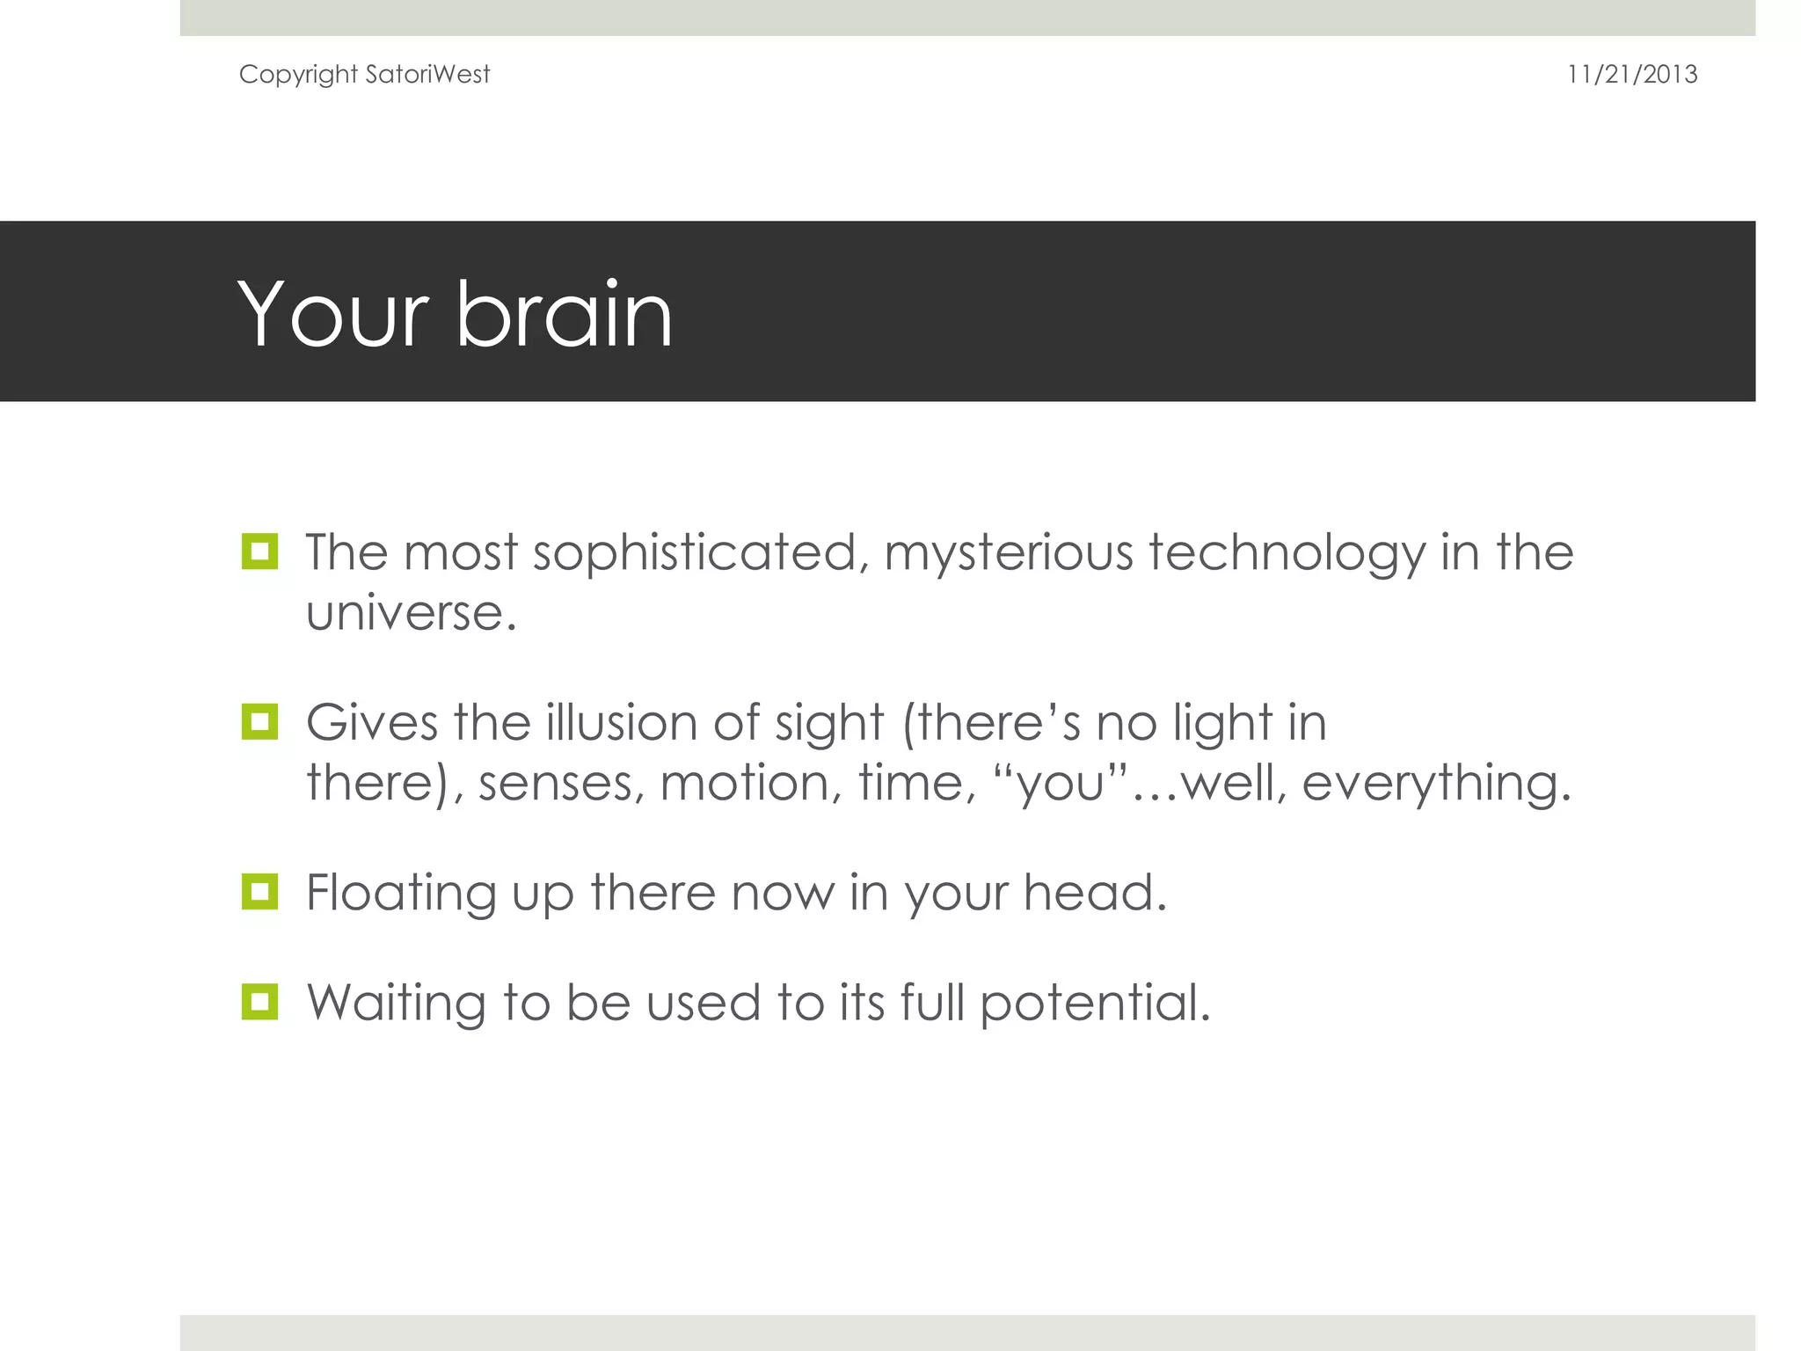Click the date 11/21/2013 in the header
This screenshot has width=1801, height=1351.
tap(1631, 74)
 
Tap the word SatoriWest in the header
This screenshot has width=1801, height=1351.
tap(427, 74)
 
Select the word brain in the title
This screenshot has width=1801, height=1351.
tap(564, 314)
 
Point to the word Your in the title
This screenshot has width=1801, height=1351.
tap(333, 314)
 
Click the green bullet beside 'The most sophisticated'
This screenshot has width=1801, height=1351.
tap(259, 551)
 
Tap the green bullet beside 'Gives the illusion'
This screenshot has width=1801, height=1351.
tap(259, 721)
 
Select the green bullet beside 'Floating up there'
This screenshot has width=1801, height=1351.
tap(259, 891)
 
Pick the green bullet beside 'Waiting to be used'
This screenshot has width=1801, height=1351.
tap(259, 1001)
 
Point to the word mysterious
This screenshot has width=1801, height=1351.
tap(1009, 553)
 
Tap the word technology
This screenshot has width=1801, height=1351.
tap(1287, 553)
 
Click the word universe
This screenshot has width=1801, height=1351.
tap(410, 613)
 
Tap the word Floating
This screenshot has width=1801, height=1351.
tap(401, 894)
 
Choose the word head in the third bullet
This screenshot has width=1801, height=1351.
tap(1094, 892)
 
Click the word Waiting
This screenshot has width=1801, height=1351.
tap(396, 1003)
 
